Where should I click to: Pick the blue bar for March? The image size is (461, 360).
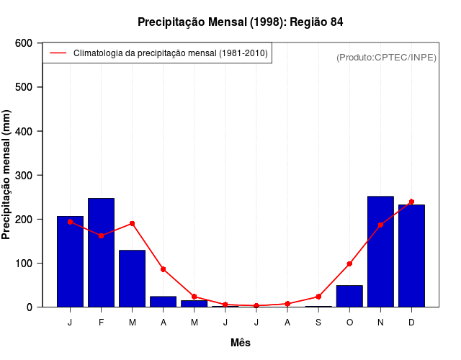(x=132, y=278)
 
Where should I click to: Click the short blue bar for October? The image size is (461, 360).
(x=349, y=296)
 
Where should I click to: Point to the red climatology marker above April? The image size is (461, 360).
(x=164, y=269)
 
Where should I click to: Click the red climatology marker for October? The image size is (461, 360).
(x=349, y=264)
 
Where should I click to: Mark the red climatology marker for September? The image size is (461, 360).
(x=318, y=297)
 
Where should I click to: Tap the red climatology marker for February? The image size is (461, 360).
(x=102, y=235)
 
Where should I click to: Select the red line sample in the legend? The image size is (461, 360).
(x=58, y=53)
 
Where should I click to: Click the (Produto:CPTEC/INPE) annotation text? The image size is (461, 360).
(x=386, y=57)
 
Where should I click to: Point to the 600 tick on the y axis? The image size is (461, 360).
(x=24, y=43)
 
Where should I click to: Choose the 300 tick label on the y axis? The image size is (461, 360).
(x=24, y=175)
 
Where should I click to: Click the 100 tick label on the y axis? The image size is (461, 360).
(x=24, y=263)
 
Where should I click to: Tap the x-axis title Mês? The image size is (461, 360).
(x=241, y=343)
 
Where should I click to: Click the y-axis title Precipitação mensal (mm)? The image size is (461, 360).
(x=7, y=175)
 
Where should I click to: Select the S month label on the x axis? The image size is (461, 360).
(x=318, y=323)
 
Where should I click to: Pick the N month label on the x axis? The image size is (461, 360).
(x=380, y=323)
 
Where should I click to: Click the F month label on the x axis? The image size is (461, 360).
(x=102, y=323)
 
